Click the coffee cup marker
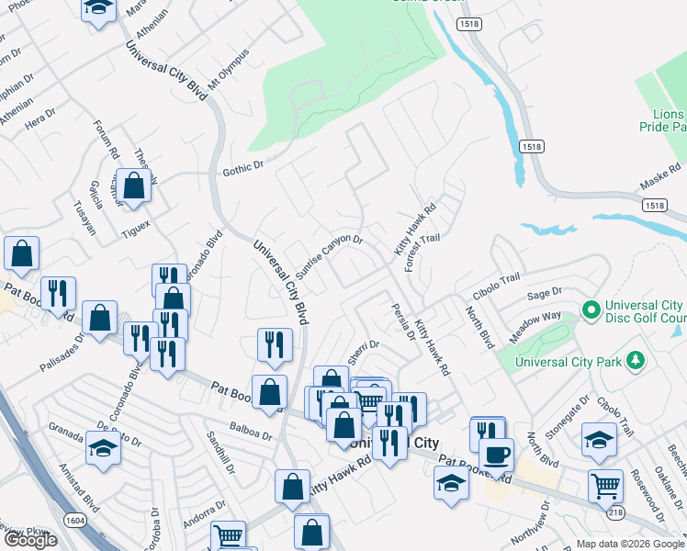click(x=496, y=454)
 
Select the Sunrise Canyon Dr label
click(x=330, y=256)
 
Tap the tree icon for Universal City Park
click(x=633, y=360)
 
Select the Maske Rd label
click(x=660, y=182)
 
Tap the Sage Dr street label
click(x=545, y=294)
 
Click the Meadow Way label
click(x=535, y=329)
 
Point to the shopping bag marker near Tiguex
click(x=134, y=186)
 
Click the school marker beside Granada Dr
click(x=103, y=448)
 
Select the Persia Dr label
click(x=401, y=321)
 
